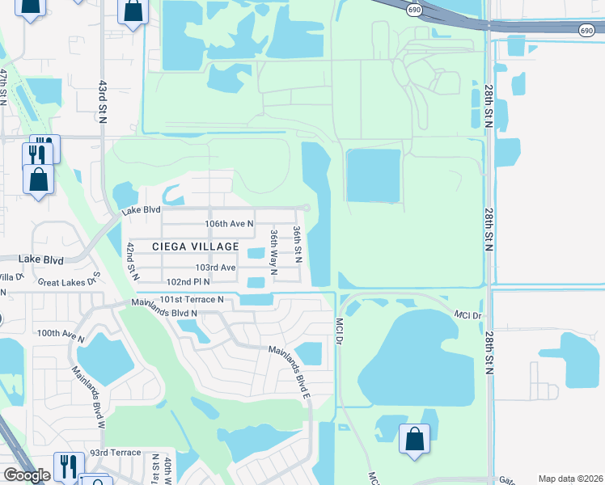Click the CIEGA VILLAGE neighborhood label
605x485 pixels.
(x=197, y=247)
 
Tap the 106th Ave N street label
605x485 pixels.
(x=229, y=223)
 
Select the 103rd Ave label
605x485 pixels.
(x=215, y=268)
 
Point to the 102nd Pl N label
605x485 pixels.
(x=188, y=281)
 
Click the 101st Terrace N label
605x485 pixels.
(x=191, y=299)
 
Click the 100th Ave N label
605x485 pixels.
(x=61, y=333)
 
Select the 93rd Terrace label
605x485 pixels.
(x=109, y=453)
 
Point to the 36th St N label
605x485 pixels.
(x=298, y=243)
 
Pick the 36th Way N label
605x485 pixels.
(x=275, y=252)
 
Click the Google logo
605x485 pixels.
(x=27, y=475)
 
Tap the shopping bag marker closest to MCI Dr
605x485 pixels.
(x=414, y=440)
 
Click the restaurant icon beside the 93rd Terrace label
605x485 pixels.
(x=69, y=466)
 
